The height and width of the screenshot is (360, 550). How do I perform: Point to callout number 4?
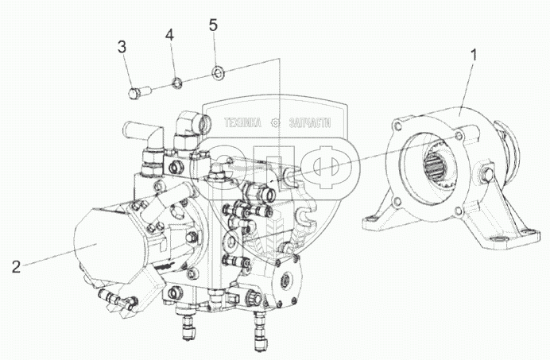tap(168, 35)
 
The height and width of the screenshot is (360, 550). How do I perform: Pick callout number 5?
tap(213, 25)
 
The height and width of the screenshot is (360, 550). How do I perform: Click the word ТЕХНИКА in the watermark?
tap(244, 123)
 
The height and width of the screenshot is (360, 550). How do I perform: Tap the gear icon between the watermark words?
tap(275, 123)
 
